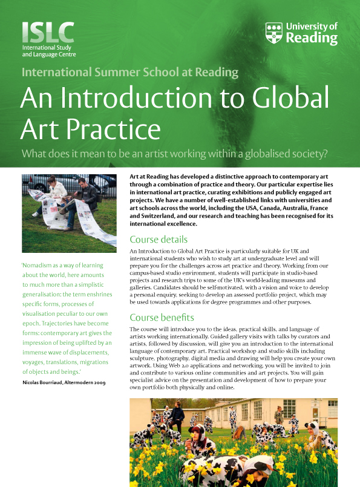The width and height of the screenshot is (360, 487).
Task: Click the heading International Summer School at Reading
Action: coord(130,73)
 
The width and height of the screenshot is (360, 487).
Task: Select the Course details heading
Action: coord(159,239)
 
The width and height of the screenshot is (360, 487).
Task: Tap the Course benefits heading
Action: coord(162,317)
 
